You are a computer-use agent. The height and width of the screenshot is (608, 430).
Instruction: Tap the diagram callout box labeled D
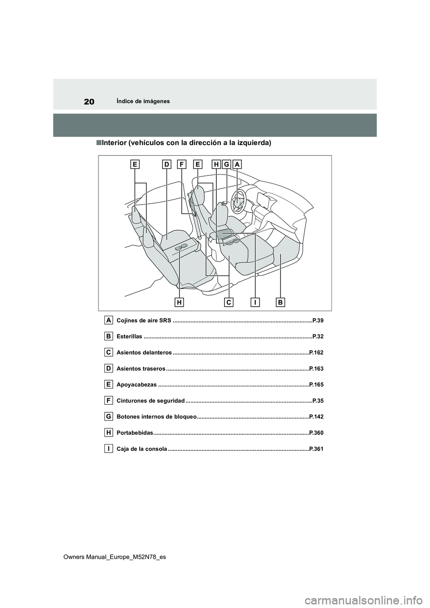[167, 165]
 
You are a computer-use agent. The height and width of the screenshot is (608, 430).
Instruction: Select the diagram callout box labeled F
[181, 165]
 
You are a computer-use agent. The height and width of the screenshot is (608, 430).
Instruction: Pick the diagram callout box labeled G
[227, 165]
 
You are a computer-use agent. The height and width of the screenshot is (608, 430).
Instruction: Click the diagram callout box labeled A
[237, 165]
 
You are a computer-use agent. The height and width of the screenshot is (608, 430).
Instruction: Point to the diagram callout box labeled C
[229, 303]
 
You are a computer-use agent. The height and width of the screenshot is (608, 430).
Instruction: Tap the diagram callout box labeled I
[255, 303]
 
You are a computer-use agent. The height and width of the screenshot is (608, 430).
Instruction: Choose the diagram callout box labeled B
[280, 303]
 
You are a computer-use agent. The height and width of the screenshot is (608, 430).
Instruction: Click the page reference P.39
[318, 321]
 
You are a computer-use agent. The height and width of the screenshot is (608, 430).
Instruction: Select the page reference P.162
[316, 353]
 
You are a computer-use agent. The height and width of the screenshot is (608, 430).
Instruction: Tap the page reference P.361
[316, 449]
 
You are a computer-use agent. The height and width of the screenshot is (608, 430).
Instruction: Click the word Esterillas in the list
[129, 337]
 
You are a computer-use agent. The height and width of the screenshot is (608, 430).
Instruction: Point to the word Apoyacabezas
[137, 385]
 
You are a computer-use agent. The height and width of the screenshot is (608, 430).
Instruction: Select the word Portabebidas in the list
[135, 433]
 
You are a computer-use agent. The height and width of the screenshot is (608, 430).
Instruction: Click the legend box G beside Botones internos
[109, 416]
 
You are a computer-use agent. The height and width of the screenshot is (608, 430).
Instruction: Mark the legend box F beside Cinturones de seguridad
[109, 400]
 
